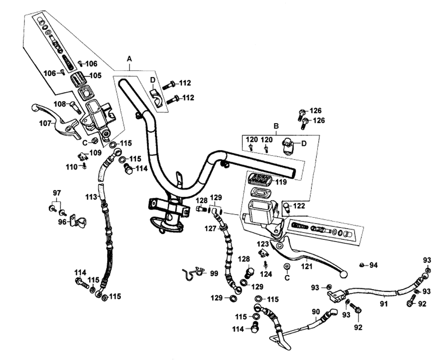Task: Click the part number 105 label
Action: (x=95, y=75)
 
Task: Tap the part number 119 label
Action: (x=281, y=182)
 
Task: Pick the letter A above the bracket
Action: (x=129, y=59)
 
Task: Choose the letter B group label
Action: (x=276, y=126)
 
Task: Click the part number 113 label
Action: (x=92, y=197)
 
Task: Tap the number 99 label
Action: (x=214, y=273)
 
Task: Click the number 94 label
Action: (x=374, y=265)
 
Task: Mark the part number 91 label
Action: (x=384, y=303)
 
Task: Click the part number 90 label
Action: (x=316, y=311)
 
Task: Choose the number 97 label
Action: (x=57, y=193)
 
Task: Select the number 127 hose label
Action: (x=210, y=229)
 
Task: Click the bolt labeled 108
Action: (x=75, y=107)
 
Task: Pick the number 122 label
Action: (x=299, y=206)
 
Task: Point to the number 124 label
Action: (x=266, y=274)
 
